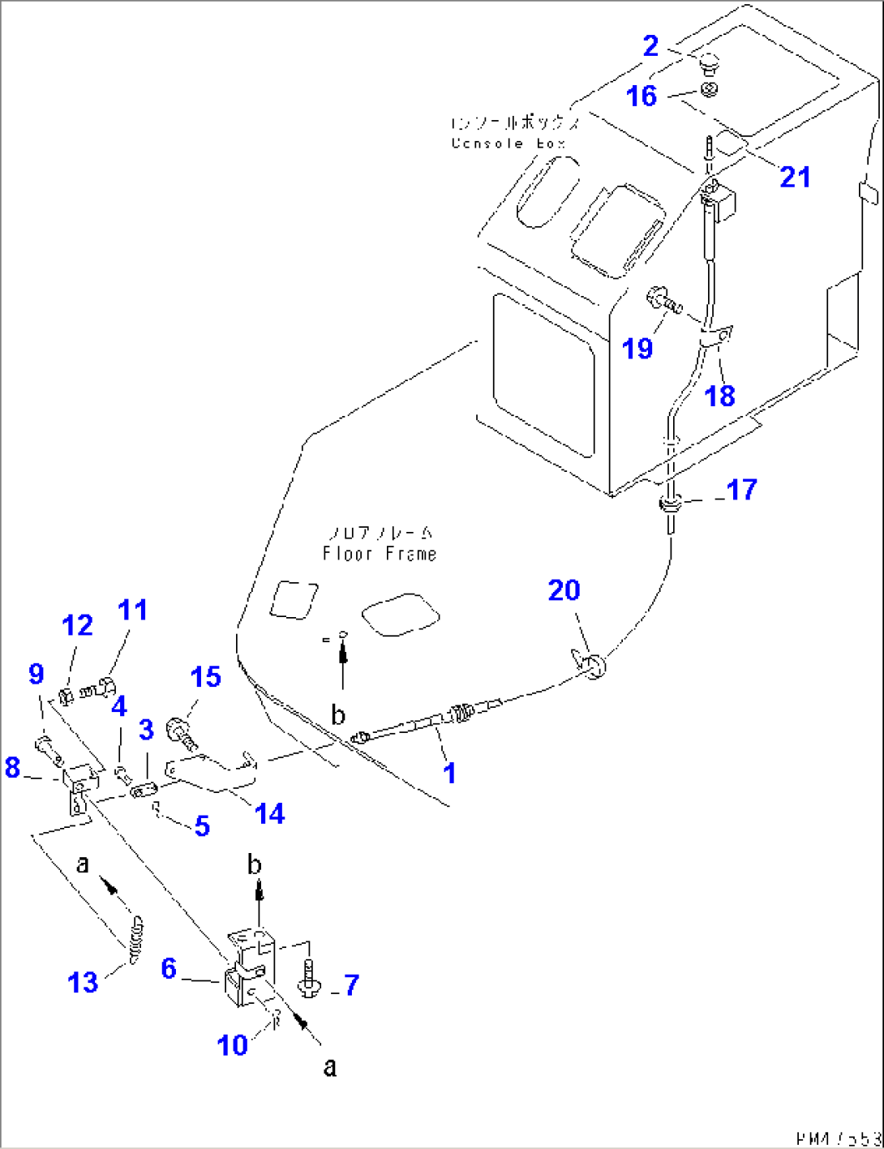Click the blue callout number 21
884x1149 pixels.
coord(794,177)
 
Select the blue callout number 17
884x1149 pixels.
coord(741,490)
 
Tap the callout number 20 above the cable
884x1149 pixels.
coord(564,590)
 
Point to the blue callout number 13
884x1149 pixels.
coord(83,983)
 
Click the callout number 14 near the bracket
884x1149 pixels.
coord(269,813)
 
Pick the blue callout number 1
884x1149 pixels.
coord(449,773)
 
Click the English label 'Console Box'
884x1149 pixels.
coord(508,144)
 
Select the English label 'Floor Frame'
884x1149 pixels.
coord(380,554)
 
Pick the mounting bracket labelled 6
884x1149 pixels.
coord(247,969)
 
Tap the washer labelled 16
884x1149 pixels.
coord(709,90)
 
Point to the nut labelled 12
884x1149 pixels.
coord(67,695)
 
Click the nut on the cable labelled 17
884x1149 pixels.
coord(671,506)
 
